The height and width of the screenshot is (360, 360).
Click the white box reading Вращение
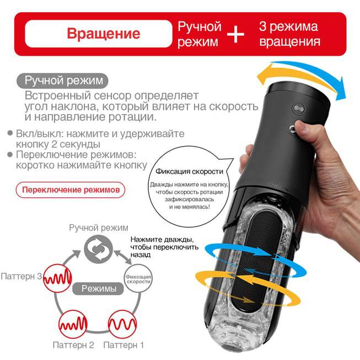pos(99,34)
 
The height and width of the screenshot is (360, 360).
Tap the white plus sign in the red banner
pos(235,34)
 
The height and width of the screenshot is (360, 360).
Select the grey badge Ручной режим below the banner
pos(62,80)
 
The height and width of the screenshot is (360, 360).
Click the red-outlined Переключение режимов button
pos(71,190)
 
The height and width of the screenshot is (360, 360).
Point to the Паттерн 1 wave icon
pos(122,324)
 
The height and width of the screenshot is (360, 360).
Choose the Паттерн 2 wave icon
pos(73,324)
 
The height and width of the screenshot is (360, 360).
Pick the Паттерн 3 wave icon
pos(58,278)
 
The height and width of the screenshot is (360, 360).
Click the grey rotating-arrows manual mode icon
pos(98,249)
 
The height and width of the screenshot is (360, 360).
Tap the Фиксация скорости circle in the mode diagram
pos(138,278)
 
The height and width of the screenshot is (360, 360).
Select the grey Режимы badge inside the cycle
pos(98,288)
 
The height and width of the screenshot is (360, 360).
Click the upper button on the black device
pos(297,108)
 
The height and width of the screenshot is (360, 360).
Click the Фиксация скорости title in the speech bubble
pos(190,171)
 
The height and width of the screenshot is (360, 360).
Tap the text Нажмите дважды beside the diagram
pos(162,239)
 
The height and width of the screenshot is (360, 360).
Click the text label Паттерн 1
pos(123,345)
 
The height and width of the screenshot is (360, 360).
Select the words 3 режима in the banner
pos(288,27)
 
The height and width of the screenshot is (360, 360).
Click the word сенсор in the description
pos(112,96)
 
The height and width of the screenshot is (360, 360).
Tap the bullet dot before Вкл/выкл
pos(10,133)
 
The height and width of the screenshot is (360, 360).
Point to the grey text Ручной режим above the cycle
pos(99,228)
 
